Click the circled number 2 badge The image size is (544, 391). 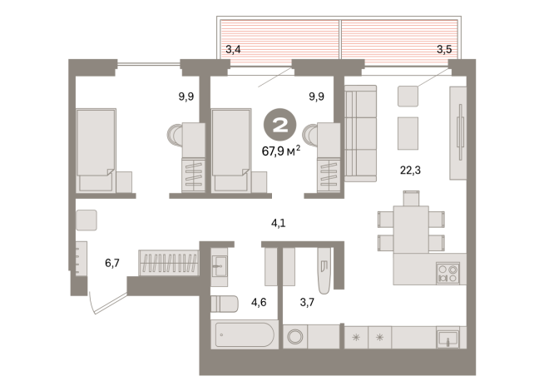click(x=279, y=125)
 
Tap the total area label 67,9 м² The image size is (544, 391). click(x=280, y=151)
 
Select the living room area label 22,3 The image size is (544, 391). click(x=410, y=171)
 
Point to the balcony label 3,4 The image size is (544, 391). click(x=233, y=50)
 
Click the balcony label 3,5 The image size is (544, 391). click(x=444, y=50)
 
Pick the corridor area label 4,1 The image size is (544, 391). click(x=279, y=223)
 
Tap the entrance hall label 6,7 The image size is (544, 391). click(x=112, y=263)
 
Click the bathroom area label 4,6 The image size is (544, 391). click(x=259, y=302)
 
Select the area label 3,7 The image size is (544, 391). click(x=307, y=302)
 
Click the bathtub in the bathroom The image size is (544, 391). click(x=245, y=334)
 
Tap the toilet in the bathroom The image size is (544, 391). click(x=225, y=304)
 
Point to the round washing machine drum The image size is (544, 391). click(x=295, y=337)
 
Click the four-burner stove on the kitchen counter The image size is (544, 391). click(x=448, y=273)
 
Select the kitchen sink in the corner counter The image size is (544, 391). click(x=448, y=339)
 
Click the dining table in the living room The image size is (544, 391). click(x=411, y=230)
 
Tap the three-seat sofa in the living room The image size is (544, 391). click(x=360, y=134)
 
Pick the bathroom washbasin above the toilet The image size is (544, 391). click(x=220, y=266)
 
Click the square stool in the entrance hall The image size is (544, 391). click(x=87, y=220)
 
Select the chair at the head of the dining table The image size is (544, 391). click(x=411, y=198)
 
